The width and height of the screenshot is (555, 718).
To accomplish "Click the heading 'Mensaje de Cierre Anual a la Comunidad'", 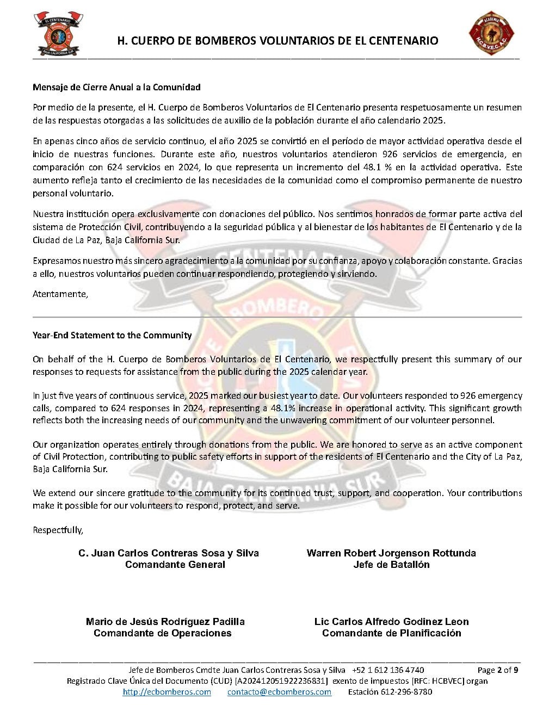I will pyautogui.click(x=116, y=87).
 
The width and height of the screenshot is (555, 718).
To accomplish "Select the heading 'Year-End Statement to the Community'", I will pyautogui.click(x=112, y=335).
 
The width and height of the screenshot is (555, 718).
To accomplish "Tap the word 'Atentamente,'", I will pyautogui.click(x=60, y=294).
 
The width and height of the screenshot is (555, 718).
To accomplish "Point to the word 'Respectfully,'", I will pyautogui.click(x=58, y=530).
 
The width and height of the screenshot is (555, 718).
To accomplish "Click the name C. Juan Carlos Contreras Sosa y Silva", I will pyautogui.click(x=169, y=553).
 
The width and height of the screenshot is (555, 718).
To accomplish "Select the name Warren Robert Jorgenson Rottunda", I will pyautogui.click(x=391, y=553).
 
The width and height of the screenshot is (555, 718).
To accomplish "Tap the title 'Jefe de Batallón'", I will pyautogui.click(x=391, y=565).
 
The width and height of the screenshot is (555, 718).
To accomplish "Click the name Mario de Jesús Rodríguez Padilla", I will pyautogui.click(x=165, y=622).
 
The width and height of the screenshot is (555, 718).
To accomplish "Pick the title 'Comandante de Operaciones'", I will pyautogui.click(x=163, y=633).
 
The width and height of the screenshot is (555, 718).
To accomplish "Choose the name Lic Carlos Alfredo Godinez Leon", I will pyautogui.click(x=391, y=622).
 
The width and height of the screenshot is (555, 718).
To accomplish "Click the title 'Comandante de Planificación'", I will pyautogui.click(x=391, y=633).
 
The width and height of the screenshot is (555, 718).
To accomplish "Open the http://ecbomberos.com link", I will pyautogui.click(x=167, y=692).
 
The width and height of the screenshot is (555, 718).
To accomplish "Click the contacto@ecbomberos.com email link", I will pyautogui.click(x=279, y=692).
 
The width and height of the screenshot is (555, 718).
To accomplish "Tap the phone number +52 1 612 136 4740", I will pyautogui.click(x=388, y=670).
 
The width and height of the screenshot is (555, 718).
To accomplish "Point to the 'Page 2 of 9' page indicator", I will pyautogui.click(x=497, y=670).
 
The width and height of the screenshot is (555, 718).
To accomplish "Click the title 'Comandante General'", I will pyautogui.click(x=175, y=565).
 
